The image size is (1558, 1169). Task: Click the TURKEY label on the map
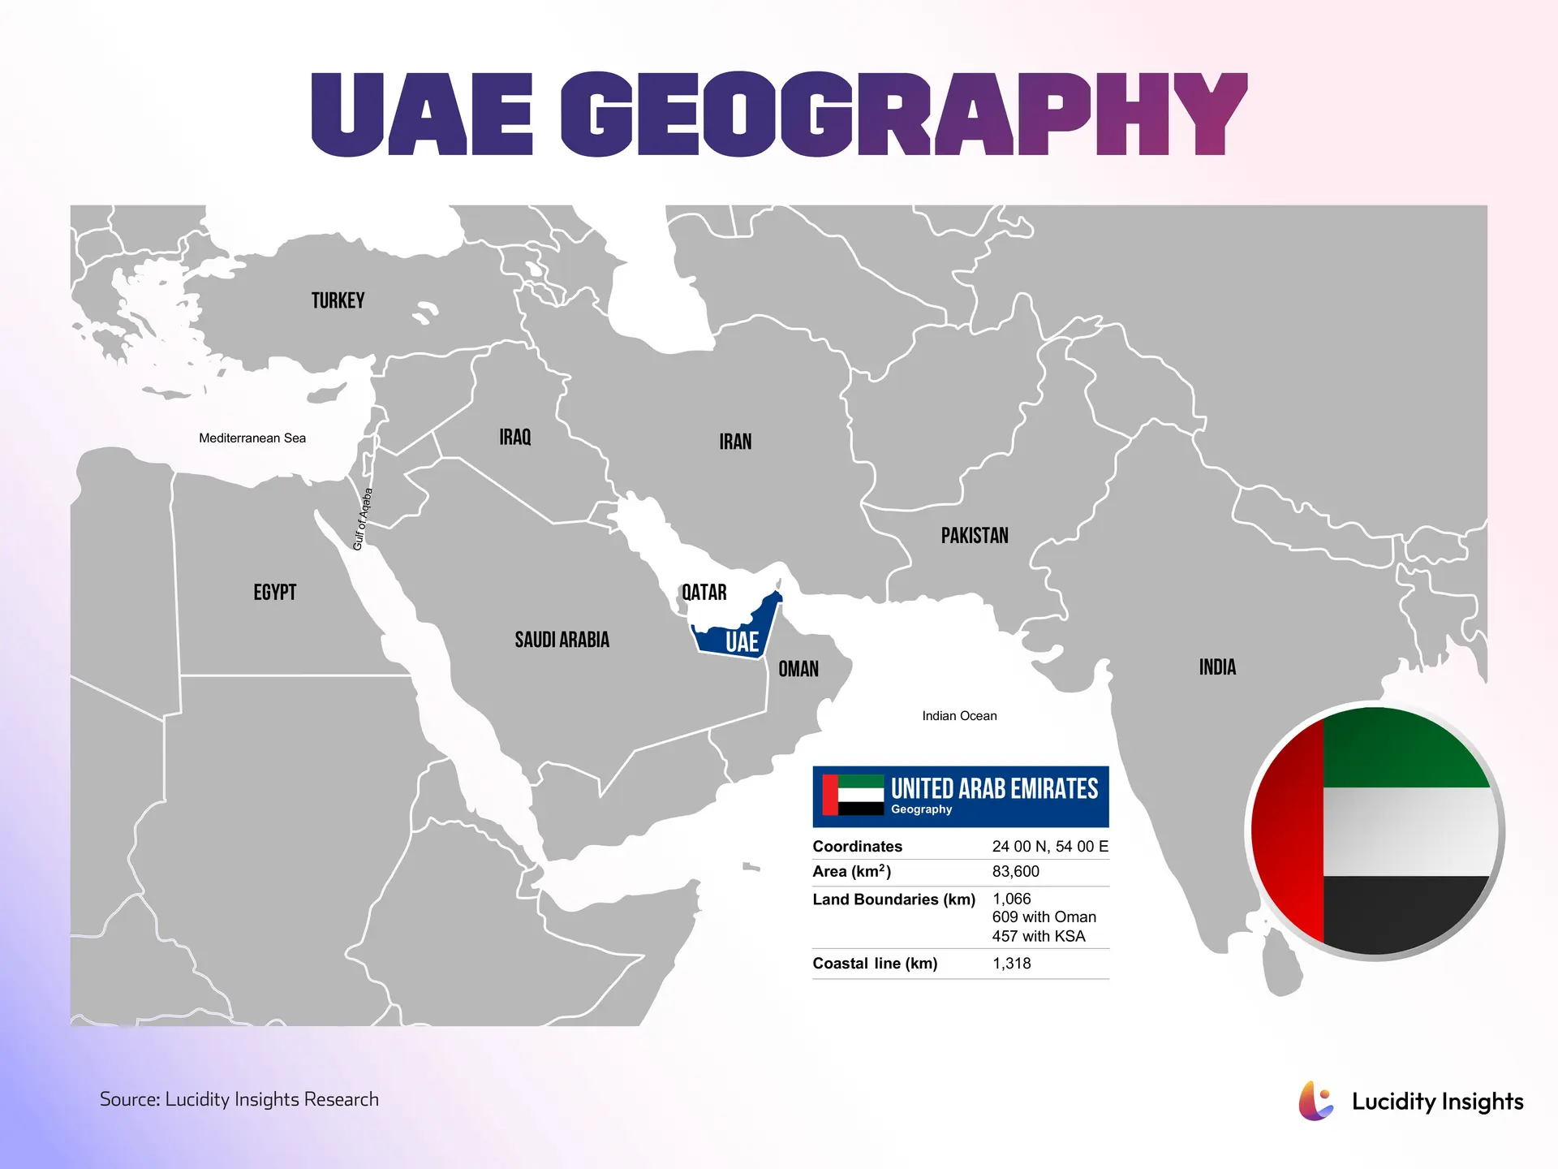click(x=338, y=301)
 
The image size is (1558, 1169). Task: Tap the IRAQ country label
click(x=514, y=438)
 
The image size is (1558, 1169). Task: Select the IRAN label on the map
click(x=735, y=442)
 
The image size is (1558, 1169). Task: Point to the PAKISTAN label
click(x=975, y=536)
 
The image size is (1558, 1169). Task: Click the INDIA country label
click(x=1217, y=667)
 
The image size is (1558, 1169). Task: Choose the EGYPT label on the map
click(x=274, y=593)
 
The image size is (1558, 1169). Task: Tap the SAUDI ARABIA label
click(x=562, y=640)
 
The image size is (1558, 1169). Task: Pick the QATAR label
click(x=704, y=593)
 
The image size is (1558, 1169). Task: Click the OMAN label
click(x=798, y=669)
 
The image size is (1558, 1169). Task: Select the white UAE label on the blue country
click(x=742, y=642)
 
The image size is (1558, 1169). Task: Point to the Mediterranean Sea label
click(x=252, y=438)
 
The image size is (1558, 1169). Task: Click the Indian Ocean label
click(x=959, y=716)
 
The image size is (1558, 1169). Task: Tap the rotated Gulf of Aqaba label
click(x=363, y=519)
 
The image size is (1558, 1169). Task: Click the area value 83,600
click(x=1015, y=872)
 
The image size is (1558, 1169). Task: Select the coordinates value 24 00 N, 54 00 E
click(x=1049, y=847)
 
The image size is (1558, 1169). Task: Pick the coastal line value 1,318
click(x=1011, y=964)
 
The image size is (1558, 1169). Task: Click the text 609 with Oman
click(x=1044, y=917)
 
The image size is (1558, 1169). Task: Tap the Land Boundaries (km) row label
click(x=893, y=899)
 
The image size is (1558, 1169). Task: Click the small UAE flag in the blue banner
click(x=853, y=796)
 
